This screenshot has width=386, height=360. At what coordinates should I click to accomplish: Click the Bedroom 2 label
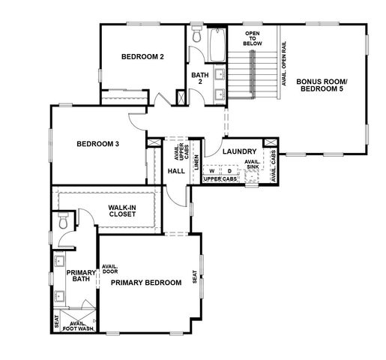coord(142,57)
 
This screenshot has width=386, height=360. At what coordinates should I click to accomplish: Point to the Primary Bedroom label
coord(146,283)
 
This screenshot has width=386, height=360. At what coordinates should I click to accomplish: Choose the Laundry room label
coord(239,151)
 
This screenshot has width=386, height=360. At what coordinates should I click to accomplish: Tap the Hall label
coord(176,171)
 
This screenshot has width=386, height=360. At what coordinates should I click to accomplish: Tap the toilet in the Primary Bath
coord(63,222)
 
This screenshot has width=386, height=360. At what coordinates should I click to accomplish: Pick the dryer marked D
coord(229,170)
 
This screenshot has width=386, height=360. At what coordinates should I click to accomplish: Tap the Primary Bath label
coord(81,276)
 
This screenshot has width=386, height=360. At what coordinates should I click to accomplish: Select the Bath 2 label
coord(199,78)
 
